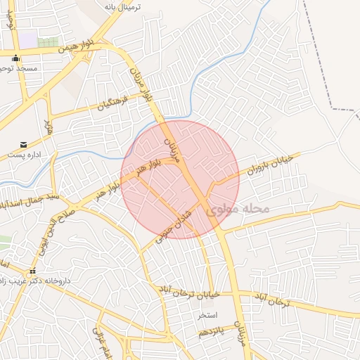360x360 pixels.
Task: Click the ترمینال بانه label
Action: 122,6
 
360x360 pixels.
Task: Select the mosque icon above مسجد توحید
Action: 16,58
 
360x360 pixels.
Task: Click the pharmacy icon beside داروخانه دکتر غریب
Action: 32,271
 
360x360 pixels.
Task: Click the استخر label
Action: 207,314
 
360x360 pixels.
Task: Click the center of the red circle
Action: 180,179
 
